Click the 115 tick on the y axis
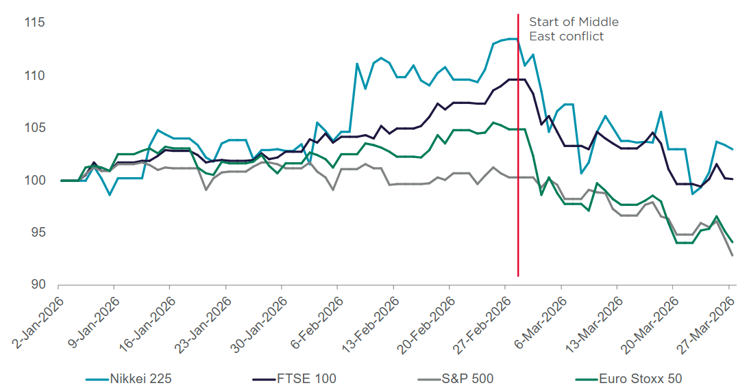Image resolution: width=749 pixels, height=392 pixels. (x=34, y=23)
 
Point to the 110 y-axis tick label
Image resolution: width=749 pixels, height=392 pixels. (x=34, y=75)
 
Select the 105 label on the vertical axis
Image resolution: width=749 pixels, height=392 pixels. (x=34, y=128)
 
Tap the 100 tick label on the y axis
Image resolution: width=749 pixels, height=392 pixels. (x=34, y=181)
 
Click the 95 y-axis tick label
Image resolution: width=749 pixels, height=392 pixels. (x=37, y=233)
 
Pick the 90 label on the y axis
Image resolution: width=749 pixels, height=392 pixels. (x=37, y=285)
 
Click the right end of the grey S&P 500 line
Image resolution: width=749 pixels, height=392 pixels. (x=733, y=255)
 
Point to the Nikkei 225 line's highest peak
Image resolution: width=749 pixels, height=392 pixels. (x=513, y=39)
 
